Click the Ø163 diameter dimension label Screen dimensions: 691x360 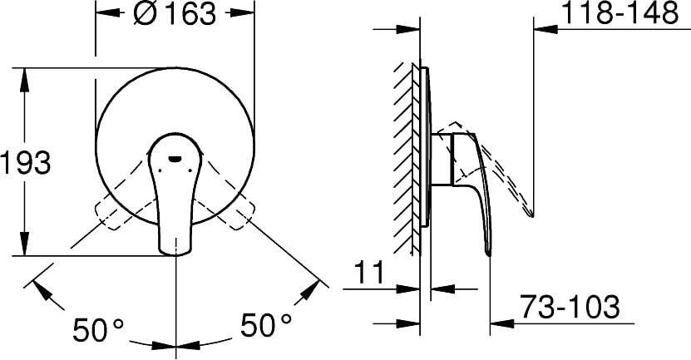click(174, 13)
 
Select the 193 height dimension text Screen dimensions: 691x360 click(25, 162)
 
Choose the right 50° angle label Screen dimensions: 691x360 click(266, 325)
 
